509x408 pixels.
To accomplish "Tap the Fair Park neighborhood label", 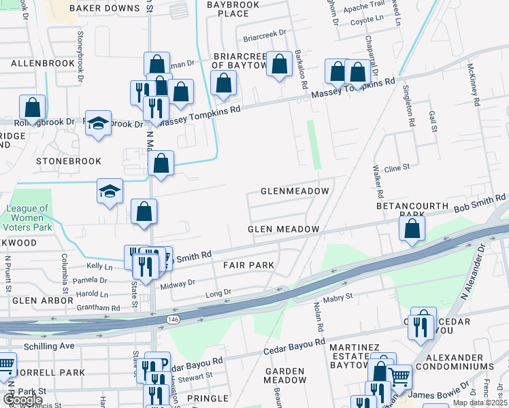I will click(x=248, y=265).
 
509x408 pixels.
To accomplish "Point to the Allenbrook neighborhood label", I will click(x=42, y=63).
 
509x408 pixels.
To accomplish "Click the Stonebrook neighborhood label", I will click(x=69, y=161).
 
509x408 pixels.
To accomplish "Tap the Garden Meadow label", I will click(x=285, y=375).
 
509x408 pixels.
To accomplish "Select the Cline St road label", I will click(x=397, y=167).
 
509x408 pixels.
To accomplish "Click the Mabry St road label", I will click(x=338, y=296).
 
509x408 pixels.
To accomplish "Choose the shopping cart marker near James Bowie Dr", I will click(x=397, y=376).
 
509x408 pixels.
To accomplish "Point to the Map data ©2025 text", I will click(x=480, y=403).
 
